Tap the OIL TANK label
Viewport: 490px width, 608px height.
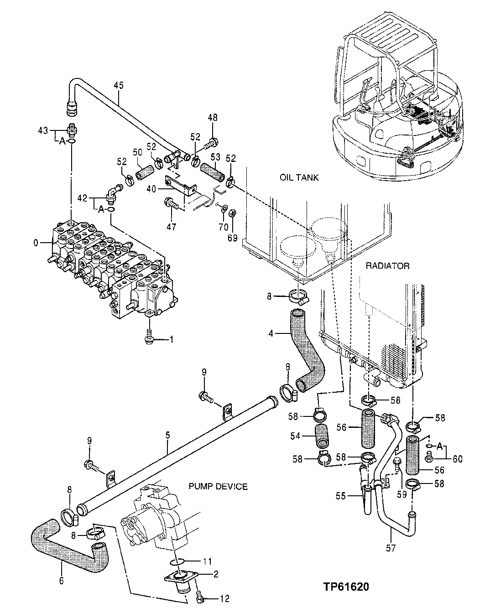pos(299,177)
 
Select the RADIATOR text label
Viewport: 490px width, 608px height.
pos(387,265)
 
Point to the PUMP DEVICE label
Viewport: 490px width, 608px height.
pos(218,487)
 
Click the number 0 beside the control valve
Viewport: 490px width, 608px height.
pos(36,243)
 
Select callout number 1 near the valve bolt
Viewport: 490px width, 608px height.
pos(172,339)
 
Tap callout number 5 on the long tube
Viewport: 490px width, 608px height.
pos(167,436)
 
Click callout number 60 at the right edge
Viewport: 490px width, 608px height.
pos(457,459)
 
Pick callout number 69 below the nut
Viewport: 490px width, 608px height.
pos(232,237)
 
